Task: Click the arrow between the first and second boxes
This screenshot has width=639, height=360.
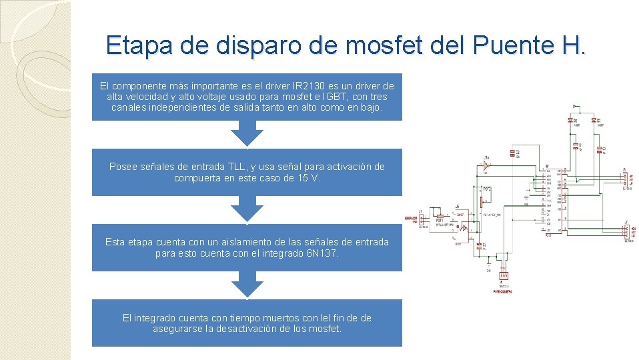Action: [247, 135]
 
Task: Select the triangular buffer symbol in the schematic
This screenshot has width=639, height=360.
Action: [487, 163]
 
